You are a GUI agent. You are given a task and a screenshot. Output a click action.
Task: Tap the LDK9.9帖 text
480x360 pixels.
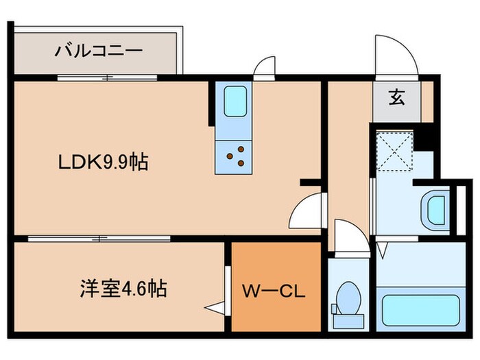(x=102, y=163)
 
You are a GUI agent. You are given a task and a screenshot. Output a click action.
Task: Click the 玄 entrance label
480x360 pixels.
(x=396, y=97)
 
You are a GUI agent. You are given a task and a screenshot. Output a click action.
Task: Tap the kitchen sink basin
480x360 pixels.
(x=235, y=102)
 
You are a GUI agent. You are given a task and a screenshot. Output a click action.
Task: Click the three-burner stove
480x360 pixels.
(x=235, y=156)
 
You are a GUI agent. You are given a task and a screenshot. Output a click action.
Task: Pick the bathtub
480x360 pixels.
(x=420, y=309)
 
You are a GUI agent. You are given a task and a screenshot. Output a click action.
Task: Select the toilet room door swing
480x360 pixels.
(x=350, y=237)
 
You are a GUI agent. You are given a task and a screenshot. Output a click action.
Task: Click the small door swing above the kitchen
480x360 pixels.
(x=264, y=69)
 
